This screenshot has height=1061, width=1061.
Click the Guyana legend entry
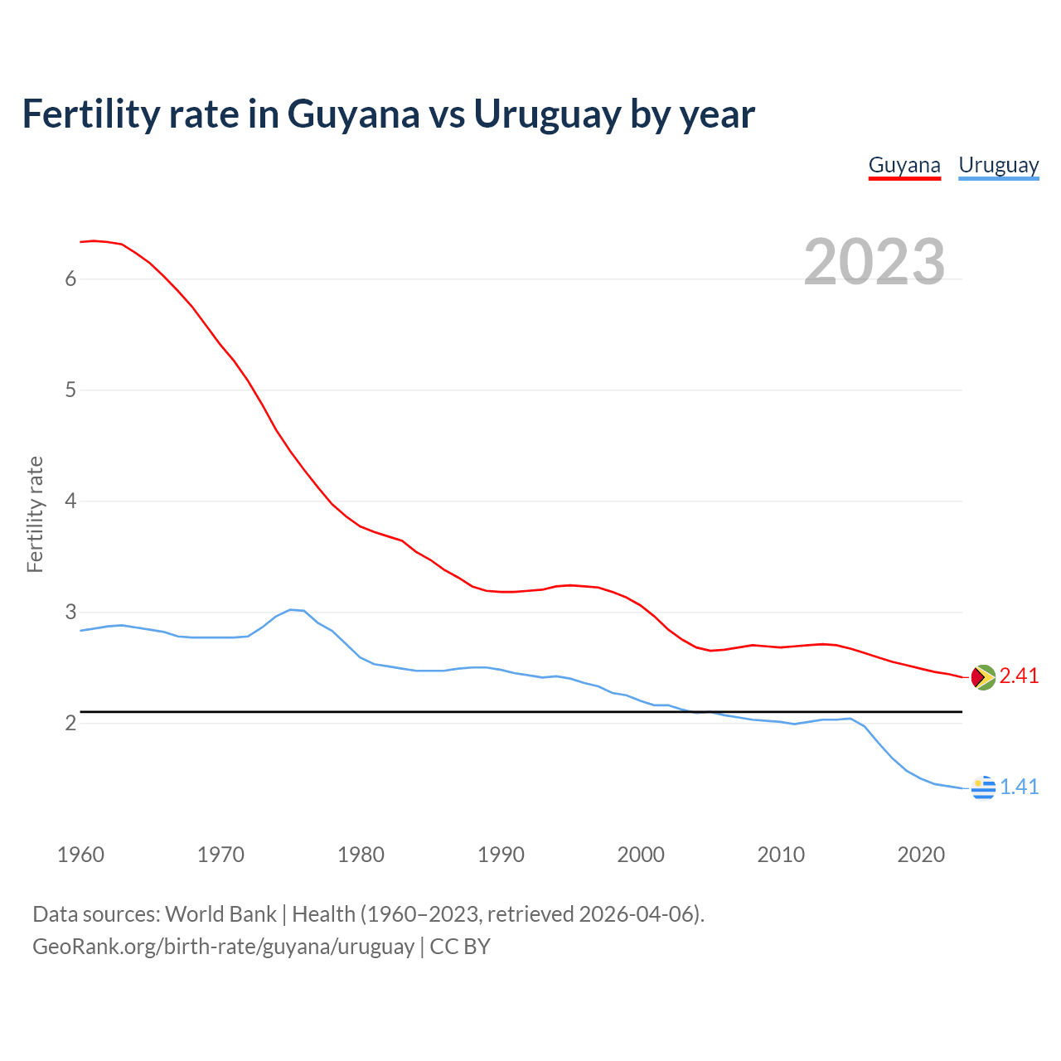pos(904,165)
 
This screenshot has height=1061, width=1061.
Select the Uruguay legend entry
pos(998,165)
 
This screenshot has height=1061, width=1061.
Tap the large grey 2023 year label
pos(874,262)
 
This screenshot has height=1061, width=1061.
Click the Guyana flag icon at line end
pos(982,677)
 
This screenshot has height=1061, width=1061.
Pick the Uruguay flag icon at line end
pos(983,787)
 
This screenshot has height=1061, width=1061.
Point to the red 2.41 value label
pos(1019,676)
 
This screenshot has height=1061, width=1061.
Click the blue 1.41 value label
pos(1019,787)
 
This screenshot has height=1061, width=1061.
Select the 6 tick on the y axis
pos(70,279)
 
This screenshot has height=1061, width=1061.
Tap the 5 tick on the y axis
pos(70,390)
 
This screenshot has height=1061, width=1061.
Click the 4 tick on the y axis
pos(70,501)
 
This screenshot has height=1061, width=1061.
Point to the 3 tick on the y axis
pos(70,613)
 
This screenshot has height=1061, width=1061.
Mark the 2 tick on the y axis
pos(70,724)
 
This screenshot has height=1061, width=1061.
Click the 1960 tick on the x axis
pos(80,855)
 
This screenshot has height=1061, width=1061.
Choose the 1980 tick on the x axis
pos(361,855)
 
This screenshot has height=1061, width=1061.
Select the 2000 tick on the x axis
pos(641,855)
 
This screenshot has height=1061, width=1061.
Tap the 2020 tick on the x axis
pos(921,855)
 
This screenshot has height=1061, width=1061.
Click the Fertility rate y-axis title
pos(35,514)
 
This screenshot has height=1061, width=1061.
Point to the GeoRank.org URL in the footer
pos(223,947)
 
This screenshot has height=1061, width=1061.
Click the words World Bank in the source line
pos(220,914)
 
